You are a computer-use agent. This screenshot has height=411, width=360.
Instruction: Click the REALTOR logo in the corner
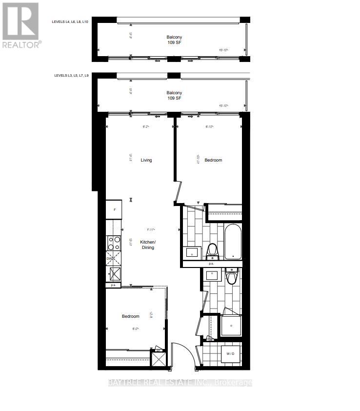coord(21,25)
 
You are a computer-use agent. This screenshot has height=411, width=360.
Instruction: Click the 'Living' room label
coord(146,160)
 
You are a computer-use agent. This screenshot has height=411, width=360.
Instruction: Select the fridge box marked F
coord(114,209)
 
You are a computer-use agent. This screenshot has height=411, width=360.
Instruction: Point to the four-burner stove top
coord(115,243)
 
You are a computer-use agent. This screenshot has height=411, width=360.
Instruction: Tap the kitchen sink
coord(116,274)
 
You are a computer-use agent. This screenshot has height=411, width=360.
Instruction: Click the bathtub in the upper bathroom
coord(233,241)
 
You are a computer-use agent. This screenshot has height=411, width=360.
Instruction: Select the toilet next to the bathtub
coord(212,251)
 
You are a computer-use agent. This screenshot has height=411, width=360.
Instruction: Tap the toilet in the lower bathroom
coord(231,277)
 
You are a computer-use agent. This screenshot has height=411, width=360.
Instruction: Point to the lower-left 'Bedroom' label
coord(130,316)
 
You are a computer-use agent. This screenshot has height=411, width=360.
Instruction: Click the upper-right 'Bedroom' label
coord(213,160)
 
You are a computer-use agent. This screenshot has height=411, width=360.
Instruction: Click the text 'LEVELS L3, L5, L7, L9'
coord(72,76)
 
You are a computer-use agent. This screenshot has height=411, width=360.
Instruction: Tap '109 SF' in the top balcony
coord(174,42)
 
